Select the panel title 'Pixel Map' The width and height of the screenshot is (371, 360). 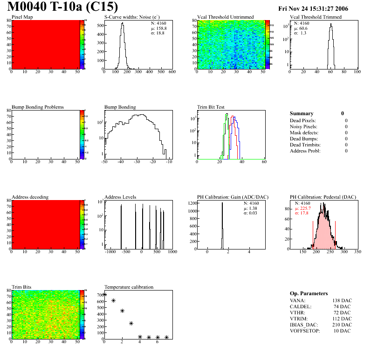pos(22,17)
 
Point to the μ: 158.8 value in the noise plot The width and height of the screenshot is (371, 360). pos(158,28)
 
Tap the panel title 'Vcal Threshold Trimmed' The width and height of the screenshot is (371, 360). pos(316,17)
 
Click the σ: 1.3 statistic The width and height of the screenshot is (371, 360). pos(300,33)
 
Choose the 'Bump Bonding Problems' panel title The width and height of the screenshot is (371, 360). pos(38,107)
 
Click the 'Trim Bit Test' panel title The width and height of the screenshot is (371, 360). pos(212,107)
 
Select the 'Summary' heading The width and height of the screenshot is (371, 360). pos(302,113)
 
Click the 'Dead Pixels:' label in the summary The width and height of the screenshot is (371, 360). pos(303,120)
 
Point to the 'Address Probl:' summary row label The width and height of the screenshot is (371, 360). pos(306,151)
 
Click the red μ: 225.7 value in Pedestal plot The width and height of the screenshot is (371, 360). pos(303,208)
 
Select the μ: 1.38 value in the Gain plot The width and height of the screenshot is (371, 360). pos(251,208)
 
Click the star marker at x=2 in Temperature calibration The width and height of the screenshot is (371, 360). pos(122,311)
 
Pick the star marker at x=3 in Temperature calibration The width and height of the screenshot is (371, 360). pos(131,323)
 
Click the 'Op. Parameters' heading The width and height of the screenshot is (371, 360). pos(309,293)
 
